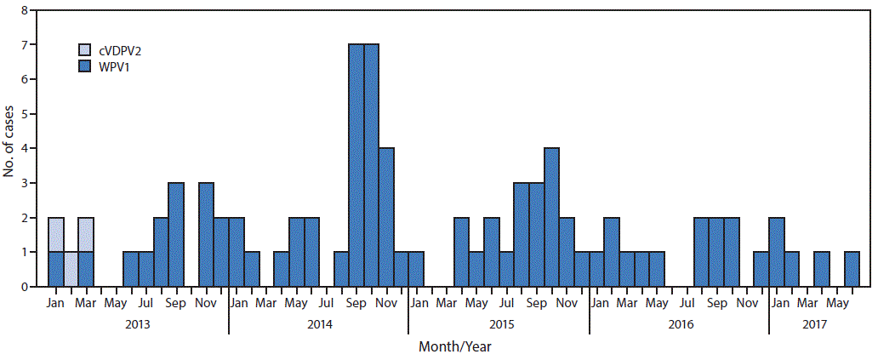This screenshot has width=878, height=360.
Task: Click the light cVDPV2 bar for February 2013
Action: [71, 269]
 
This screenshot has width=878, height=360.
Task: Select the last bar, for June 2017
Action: [852, 269]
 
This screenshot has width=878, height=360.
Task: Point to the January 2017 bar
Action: [776, 252]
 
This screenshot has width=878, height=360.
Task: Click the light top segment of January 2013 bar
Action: [56, 235]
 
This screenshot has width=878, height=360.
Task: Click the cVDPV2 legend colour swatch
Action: [83, 51]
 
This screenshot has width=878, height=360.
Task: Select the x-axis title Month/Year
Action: [454, 346]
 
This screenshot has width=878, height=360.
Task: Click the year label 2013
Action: [138, 323]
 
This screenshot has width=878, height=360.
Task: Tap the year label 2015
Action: [499, 323]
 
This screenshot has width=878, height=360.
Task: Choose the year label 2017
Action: [814, 323]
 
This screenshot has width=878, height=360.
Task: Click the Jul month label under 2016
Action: [686, 301]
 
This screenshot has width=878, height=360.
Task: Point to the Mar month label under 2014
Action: [265, 301]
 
